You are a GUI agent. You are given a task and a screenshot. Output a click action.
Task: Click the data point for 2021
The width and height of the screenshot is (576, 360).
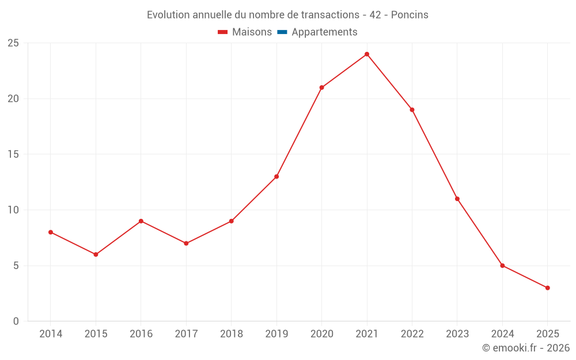[367, 54]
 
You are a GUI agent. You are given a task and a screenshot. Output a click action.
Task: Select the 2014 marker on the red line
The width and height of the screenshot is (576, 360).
[51, 232]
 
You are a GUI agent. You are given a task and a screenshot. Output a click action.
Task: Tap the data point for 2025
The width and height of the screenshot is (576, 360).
[547, 288]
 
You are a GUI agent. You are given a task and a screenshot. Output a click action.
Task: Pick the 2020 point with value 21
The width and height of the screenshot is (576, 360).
[321, 88]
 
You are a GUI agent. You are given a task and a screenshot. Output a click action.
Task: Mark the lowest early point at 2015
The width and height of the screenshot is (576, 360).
[96, 255]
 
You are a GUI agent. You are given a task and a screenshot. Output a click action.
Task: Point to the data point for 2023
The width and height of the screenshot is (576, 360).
[457, 199]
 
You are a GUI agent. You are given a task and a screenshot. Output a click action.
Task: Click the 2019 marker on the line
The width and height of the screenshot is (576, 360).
[276, 177]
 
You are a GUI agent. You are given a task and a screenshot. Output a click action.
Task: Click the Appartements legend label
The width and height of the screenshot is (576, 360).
[324, 32]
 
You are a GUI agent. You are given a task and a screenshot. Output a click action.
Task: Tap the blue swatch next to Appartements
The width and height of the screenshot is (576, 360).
[282, 32]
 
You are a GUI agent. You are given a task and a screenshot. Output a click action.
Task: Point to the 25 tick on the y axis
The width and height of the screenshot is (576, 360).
[13, 43]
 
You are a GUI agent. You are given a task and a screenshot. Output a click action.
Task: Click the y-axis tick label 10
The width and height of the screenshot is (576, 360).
[13, 210]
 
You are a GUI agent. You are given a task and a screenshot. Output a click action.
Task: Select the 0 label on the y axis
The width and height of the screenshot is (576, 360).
[16, 321]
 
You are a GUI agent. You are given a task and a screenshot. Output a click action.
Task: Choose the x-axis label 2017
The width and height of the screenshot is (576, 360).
[186, 334]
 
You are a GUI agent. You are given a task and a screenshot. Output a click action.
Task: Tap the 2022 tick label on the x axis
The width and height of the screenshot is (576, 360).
[412, 334]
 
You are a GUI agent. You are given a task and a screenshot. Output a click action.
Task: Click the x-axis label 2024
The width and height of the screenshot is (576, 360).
[502, 334]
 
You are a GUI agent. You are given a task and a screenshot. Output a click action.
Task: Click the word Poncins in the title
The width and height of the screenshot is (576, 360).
[410, 15]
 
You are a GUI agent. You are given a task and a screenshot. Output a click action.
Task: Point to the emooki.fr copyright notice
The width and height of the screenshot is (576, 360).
[526, 348]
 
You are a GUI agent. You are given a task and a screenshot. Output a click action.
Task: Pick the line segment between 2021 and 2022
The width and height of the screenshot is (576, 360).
[389, 82]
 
